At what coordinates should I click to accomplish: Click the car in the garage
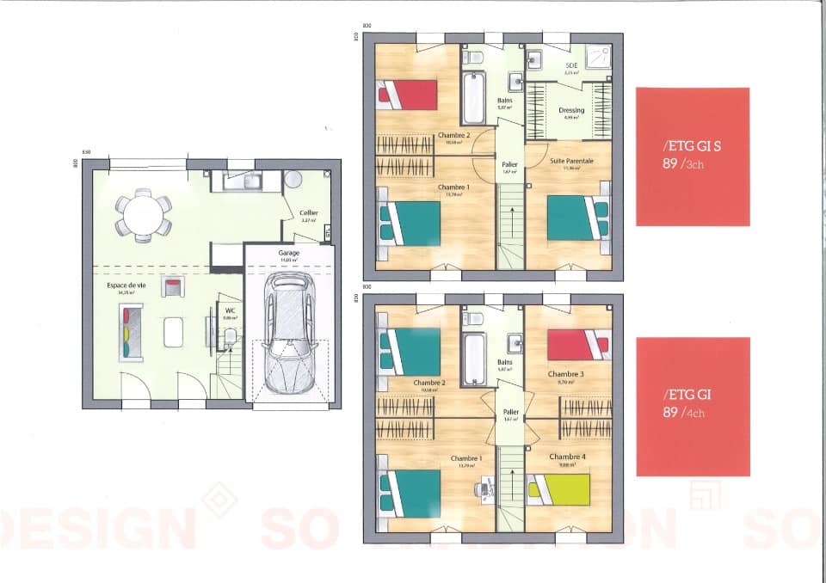pyautogui.click(x=288, y=334)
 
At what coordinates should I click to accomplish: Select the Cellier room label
pyautogui.click(x=308, y=213)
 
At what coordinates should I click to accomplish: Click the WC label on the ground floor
pyautogui.click(x=230, y=310)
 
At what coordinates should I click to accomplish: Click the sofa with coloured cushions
pyautogui.click(x=126, y=332)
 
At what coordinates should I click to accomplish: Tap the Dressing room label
pyautogui.click(x=571, y=110)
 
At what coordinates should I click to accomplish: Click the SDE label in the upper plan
pyautogui.click(x=571, y=65)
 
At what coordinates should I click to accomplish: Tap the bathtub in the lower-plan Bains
pyautogui.click(x=474, y=359)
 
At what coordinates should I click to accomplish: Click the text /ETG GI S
pyautogui.click(x=692, y=147)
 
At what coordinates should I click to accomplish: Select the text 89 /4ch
pyautogui.click(x=683, y=412)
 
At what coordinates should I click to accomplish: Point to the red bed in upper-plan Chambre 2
pyautogui.click(x=409, y=94)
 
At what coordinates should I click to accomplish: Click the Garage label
pyautogui.click(x=288, y=254)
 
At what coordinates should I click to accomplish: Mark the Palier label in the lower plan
pyautogui.click(x=510, y=411)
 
